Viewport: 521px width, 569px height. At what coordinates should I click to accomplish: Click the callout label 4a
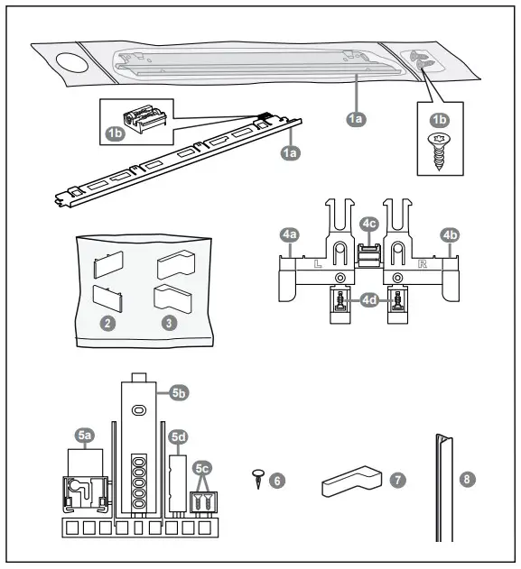tap(290, 234)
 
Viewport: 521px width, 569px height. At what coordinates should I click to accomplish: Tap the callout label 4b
tap(449, 235)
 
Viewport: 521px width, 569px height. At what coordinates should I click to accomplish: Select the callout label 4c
tap(368, 223)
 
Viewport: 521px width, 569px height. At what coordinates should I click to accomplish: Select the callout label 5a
tap(85, 436)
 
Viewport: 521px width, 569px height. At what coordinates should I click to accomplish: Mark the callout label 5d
tap(179, 436)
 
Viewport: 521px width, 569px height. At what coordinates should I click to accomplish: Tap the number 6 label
tap(277, 480)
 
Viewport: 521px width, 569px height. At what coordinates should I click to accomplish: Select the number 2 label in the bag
tap(107, 320)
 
